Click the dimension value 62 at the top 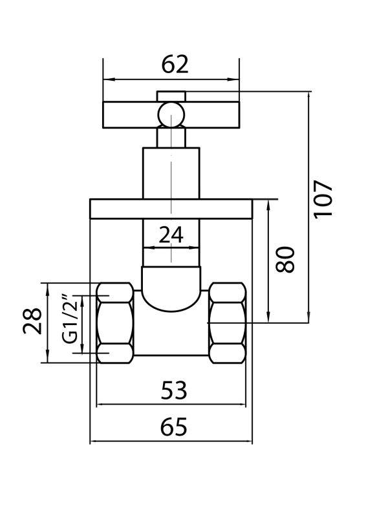[175, 65]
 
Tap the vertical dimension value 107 [323, 200]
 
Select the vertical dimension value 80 [285, 260]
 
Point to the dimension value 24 [171, 235]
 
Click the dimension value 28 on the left [32, 321]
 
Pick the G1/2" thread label [70, 319]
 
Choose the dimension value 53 [174, 390]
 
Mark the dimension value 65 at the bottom [174, 427]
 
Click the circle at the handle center [171, 115]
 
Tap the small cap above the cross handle [171, 96]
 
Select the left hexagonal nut [115, 323]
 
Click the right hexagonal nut [228, 323]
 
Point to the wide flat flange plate [171, 209]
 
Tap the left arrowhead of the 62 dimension [108, 79]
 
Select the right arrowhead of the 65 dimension [248, 441]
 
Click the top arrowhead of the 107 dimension [309, 96]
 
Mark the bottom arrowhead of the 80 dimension [268, 317]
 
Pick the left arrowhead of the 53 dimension [101, 405]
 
